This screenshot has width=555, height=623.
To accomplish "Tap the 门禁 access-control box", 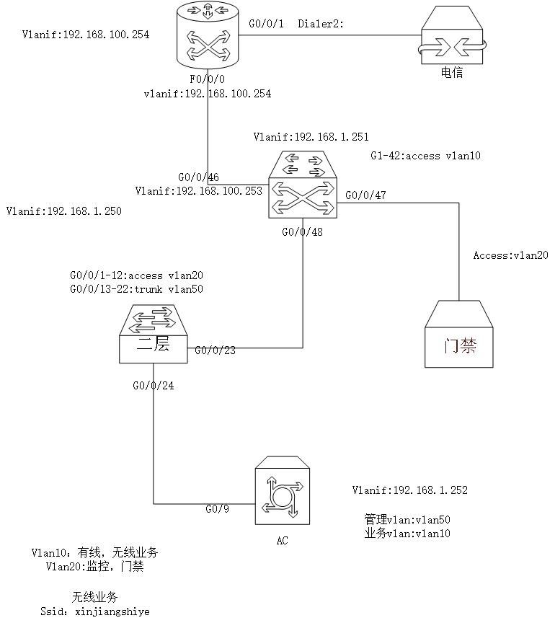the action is click(x=459, y=334).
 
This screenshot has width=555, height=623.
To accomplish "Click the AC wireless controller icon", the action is click(x=282, y=490).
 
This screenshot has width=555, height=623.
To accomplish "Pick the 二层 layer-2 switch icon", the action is click(x=154, y=334).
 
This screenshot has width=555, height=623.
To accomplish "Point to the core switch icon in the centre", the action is click(x=303, y=185).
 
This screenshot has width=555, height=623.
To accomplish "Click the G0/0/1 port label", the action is click(x=266, y=24).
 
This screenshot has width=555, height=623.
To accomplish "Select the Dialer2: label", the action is click(x=321, y=24).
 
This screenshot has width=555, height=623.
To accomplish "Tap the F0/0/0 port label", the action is click(x=207, y=79).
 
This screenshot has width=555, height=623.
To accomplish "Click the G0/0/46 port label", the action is click(x=198, y=177).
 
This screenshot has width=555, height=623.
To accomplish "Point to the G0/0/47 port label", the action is click(x=365, y=195).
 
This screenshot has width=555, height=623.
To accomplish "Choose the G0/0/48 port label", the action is click(x=302, y=232).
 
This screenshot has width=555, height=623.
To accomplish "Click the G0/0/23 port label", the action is click(x=215, y=350).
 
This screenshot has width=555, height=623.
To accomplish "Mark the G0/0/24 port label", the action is click(x=154, y=386).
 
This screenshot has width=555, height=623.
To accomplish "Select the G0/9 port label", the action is click(x=217, y=509).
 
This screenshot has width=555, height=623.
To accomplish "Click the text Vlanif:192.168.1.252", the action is click(x=410, y=490).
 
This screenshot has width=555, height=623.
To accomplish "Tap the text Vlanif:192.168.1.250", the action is click(x=64, y=211).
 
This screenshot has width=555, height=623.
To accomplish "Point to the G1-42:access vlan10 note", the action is click(x=425, y=156).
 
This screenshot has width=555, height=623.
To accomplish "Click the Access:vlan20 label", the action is click(x=510, y=255).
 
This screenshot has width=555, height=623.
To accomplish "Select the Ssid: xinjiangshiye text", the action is click(x=95, y=611).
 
